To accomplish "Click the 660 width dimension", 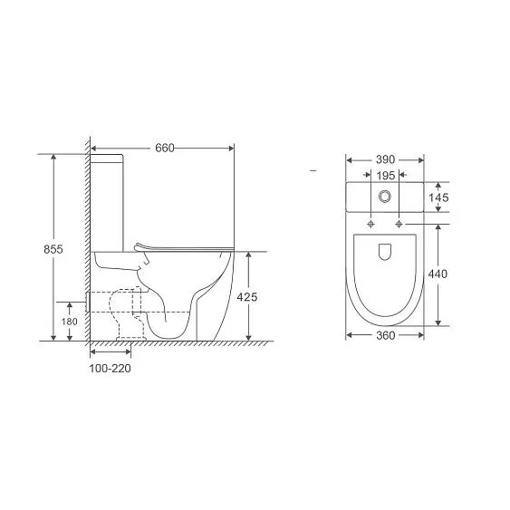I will (x=164, y=148).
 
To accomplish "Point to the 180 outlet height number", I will (x=71, y=322).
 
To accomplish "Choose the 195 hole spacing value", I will (x=385, y=176).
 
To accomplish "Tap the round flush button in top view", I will (x=385, y=197).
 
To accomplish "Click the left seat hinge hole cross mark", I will (x=371, y=222).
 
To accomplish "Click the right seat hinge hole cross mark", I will (x=398, y=222).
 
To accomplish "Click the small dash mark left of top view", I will (x=311, y=170).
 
